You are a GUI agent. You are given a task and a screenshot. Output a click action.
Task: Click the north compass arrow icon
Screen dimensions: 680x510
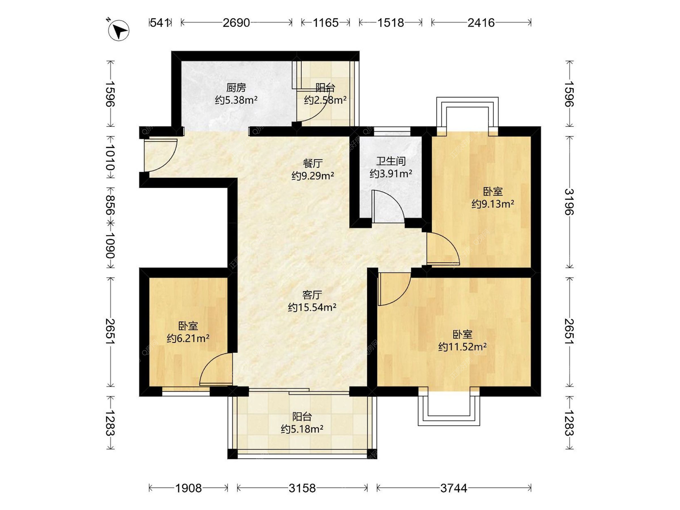point(119,30)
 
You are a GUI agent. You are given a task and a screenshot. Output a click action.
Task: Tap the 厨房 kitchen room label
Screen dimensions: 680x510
point(236,87)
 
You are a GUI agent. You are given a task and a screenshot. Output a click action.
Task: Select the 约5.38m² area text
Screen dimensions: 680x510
point(236,100)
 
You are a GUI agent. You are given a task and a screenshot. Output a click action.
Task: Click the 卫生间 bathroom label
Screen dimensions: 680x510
point(391,161)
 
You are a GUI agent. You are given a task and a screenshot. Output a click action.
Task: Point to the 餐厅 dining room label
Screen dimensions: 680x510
point(312,163)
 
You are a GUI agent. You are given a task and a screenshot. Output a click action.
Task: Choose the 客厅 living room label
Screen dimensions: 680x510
point(312,295)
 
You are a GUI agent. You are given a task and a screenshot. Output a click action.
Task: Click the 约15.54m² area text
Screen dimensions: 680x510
point(312,307)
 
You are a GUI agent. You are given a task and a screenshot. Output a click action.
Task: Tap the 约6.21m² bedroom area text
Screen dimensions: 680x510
point(188,339)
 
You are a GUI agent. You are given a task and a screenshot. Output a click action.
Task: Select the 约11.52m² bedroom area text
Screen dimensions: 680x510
point(462,347)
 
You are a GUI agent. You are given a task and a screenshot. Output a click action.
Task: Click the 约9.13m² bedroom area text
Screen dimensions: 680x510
point(493,204)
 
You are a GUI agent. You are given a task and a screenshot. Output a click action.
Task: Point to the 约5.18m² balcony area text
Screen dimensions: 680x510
point(302,429)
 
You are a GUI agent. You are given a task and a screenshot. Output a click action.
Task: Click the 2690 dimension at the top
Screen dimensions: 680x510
point(236,23)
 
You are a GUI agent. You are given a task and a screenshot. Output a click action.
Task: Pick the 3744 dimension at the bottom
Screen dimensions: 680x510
point(454,488)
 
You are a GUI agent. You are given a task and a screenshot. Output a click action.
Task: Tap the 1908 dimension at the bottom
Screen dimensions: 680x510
point(188,488)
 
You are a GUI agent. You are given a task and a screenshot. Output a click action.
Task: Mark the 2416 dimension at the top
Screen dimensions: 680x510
point(481,23)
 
